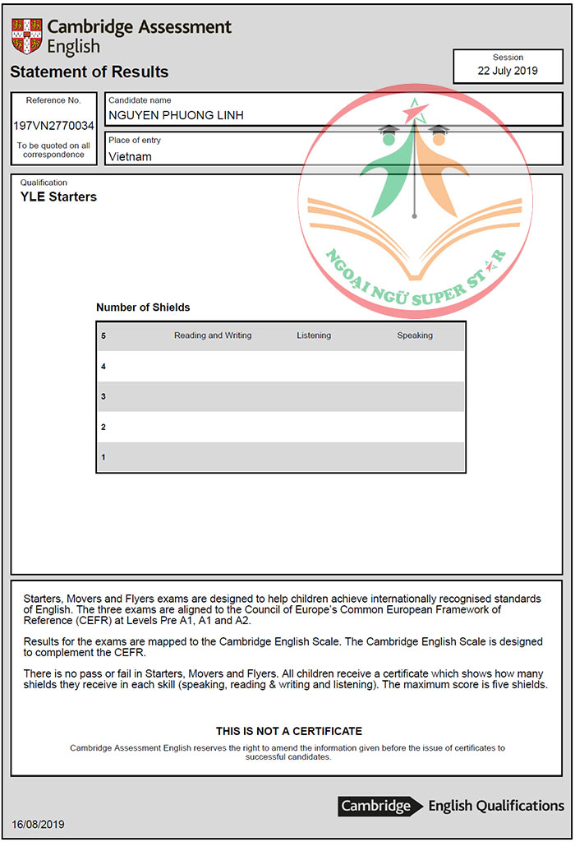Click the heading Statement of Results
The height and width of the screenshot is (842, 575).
90,72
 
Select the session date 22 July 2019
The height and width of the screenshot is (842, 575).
508,71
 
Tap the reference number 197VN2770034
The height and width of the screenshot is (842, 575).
53,126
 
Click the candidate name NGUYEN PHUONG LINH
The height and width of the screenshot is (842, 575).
176,115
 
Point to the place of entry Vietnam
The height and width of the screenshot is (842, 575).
130,156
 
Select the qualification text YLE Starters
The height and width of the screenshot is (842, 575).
58,197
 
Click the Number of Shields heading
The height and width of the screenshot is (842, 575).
143,308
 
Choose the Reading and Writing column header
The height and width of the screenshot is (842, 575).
213,335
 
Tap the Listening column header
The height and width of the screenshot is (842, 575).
314,335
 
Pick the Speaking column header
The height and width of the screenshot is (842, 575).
415,335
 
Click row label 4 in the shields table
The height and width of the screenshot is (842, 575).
103,367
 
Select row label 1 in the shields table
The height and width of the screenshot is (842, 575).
103,457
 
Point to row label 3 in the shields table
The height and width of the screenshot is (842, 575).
103,397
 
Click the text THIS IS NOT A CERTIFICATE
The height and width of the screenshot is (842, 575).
288,731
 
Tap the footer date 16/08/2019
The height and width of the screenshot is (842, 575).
38,824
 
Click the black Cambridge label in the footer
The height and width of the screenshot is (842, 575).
376,806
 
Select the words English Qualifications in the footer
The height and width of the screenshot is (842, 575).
496,806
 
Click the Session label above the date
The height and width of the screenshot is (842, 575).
508,58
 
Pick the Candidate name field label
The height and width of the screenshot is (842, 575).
140,100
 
